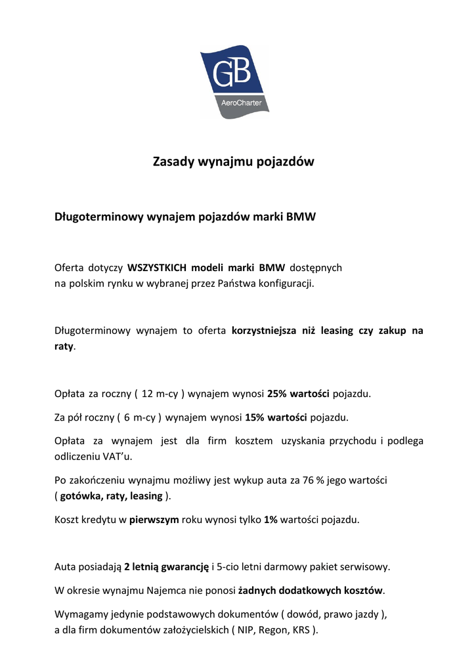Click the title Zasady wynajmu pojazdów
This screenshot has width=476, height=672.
pos(234,161)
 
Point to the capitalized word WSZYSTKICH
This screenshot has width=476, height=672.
pos(158,268)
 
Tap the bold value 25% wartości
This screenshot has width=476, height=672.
pos(299,394)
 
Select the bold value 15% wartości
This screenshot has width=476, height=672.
pos(276,417)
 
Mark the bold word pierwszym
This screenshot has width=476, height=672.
pos(154,519)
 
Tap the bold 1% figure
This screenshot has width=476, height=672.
pos(270,519)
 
